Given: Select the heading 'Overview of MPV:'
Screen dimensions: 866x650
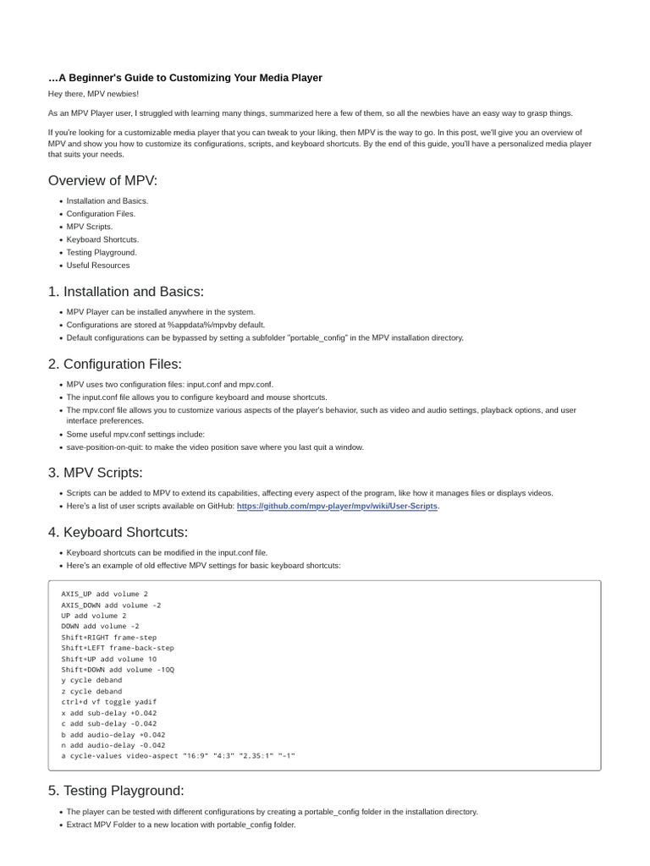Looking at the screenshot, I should point(102,180).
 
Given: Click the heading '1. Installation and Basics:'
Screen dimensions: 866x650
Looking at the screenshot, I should point(126,292).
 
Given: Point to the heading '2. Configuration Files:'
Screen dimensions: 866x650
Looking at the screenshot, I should point(115,364).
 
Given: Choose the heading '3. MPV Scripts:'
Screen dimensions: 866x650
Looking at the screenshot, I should point(96,473).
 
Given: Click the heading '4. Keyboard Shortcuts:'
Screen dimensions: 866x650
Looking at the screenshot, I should point(118,533).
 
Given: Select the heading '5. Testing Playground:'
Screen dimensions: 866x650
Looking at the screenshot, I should point(116,791).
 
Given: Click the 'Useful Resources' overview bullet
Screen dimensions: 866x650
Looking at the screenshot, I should point(98,266).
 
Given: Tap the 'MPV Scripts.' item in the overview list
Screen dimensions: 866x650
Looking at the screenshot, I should point(90,227).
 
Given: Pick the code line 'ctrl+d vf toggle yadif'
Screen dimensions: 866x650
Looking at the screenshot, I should point(109,702).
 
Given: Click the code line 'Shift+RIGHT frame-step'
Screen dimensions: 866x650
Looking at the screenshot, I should point(109,638).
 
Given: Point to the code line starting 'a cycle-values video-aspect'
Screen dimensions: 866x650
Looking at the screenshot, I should point(179,755).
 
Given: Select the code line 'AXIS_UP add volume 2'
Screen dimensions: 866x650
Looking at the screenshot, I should point(104,595).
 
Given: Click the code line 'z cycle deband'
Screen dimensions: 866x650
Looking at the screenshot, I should point(91,691).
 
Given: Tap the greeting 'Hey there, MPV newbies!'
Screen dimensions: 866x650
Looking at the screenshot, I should point(93,94).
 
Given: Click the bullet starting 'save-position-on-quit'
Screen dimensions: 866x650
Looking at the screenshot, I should point(215,447).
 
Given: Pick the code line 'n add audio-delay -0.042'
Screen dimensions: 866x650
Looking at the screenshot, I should point(113,745).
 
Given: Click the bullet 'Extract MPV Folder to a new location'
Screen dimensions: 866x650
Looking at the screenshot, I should point(181,825).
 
